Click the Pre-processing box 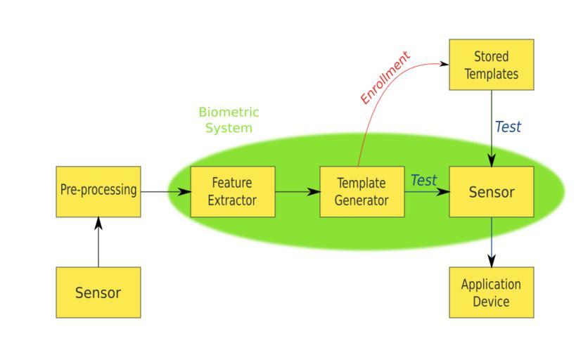tap(98, 191)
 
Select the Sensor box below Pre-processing tap(98, 292)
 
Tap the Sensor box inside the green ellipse tap(491, 191)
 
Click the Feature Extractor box tap(233, 191)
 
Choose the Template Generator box tap(361, 191)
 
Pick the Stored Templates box tap(491, 65)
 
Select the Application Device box tap(491, 292)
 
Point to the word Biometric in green tap(229, 112)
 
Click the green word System tap(229, 128)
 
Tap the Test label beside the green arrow tap(508, 127)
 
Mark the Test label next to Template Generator tap(423, 181)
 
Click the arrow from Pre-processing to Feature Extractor tap(166, 191)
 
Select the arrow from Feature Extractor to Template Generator tap(297, 191)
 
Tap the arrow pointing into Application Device tap(491, 242)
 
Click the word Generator tap(361, 200)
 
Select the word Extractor tap(232, 200)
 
